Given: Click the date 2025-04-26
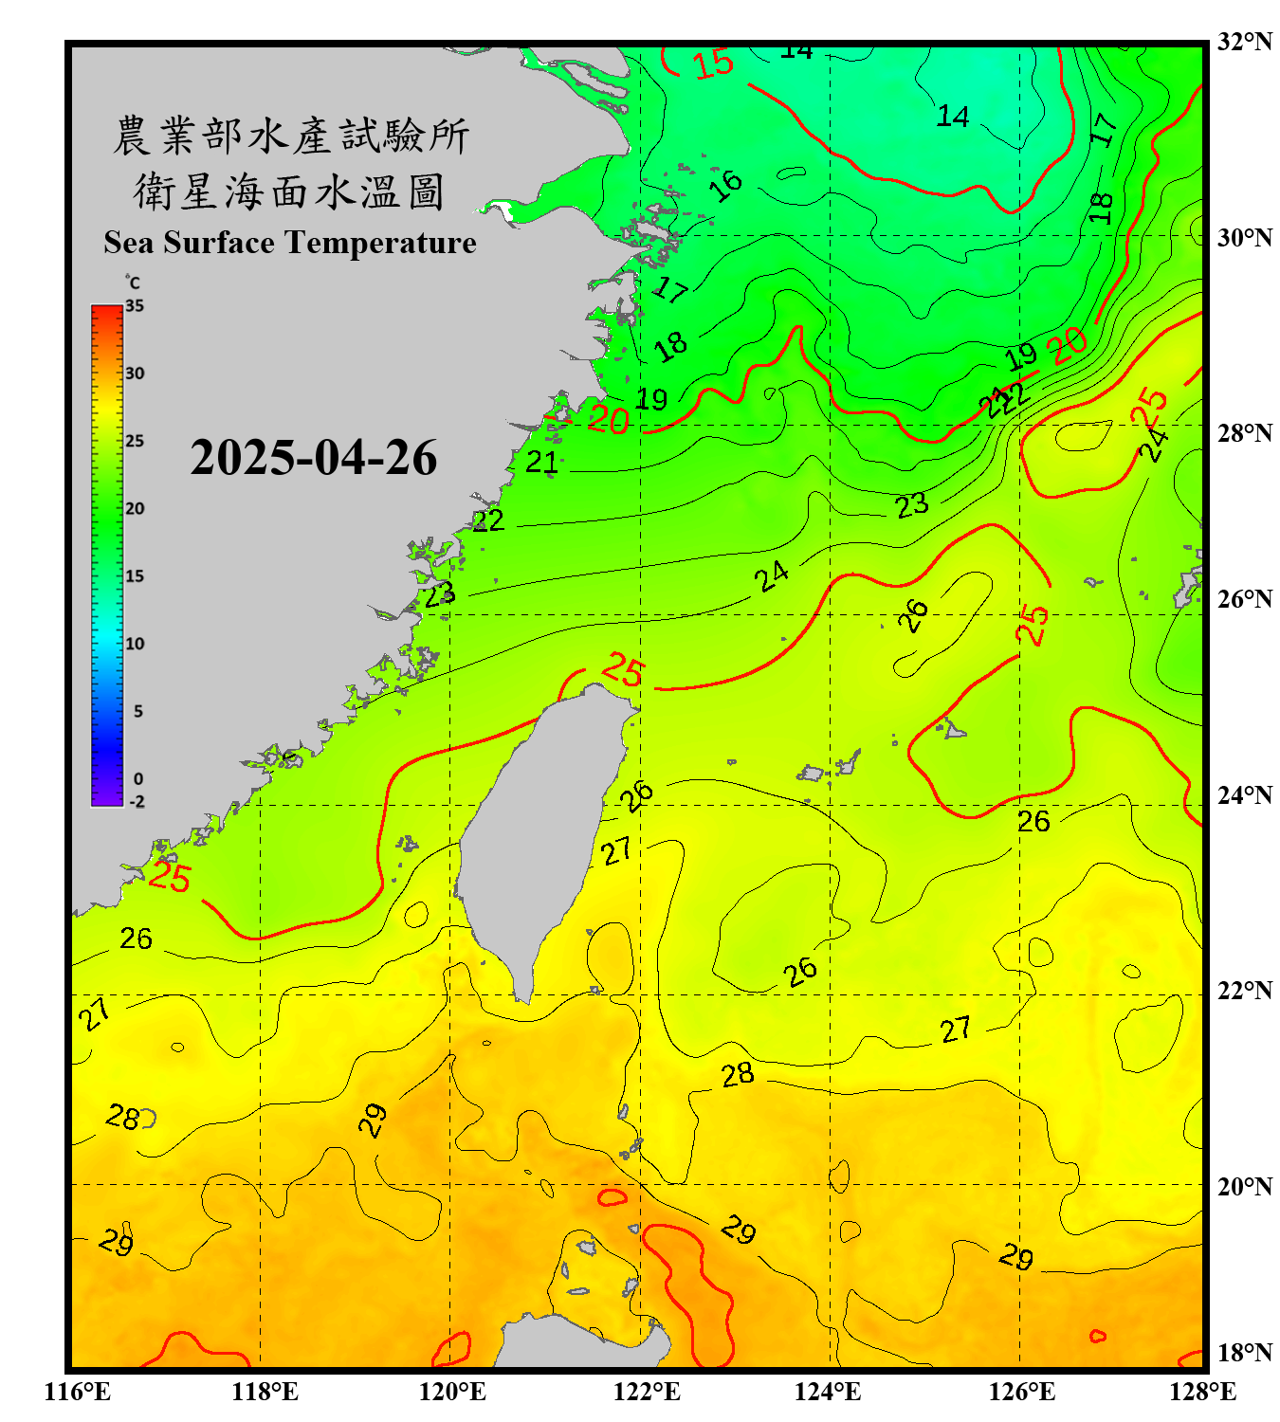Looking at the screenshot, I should pos(313,458).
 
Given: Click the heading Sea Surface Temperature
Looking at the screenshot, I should pos(289,243).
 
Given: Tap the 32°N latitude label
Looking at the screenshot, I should pos(1244,42).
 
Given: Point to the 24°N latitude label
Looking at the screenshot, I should pos(1244,794).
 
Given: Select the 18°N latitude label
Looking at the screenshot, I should pos(1244,1353).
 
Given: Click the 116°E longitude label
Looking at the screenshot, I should pos(78,1392).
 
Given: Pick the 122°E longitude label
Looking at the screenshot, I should pos(647,1392).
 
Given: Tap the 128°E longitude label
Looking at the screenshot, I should pos(1202,1392).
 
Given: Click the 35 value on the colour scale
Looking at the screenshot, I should pos(135,306).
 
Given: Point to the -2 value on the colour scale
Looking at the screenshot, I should pos(137,802).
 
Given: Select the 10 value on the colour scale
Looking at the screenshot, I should pos(135,644).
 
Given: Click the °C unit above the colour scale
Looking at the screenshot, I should pos(133,283).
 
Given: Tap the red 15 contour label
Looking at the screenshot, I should pos(713,64).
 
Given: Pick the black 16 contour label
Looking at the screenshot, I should pos(726,185).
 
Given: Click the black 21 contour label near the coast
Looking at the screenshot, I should pos(542,462).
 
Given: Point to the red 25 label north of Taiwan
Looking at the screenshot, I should pos(623,670).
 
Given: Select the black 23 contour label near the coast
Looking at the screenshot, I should pos(440,595).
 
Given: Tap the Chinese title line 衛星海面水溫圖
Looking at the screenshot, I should pos(289,191).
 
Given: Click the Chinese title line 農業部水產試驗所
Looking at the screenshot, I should pos(291,136).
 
